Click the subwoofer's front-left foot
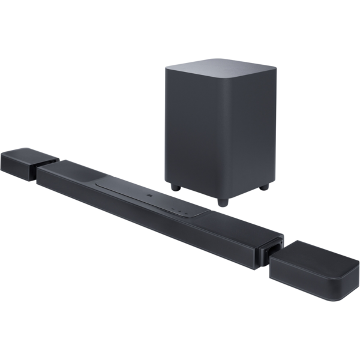175,187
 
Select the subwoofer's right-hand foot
263,187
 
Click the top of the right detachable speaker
318,255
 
